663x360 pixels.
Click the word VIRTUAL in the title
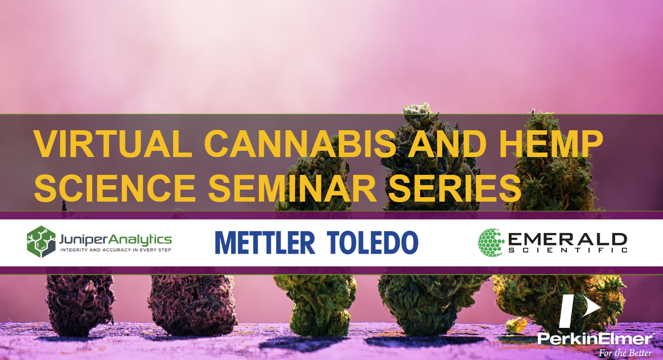pyautogui.click(x=113, y=145)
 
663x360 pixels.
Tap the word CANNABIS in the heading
pyautogui.click(x=301, y=145)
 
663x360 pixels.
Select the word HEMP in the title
pyautogui.click(x=551, y=145)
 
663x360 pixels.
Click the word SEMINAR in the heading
pyautogui.click(x=292, y=188)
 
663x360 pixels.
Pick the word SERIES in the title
pyautogui.click(x=455, y=188)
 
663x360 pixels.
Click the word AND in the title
pyautogui.click(x=448, y=145)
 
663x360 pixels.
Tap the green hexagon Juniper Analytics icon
pyautogui.click(x=41, y=242)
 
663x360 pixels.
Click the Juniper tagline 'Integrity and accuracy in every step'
pyautogui.click(x=116, y=250)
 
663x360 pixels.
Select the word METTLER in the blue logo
pyautogui.click(x=265, y=243)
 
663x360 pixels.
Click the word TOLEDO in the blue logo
pyautogui.click(x=373, y=243)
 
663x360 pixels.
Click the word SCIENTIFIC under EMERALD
pyautogui.click(x=568, y=250)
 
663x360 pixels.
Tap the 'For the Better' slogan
pyautogui.click(x=625, y=353)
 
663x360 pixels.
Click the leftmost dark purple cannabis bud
pyautogui.click(x=80, y=305)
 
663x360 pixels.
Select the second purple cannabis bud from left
pyautogui.click(x=192, y=305)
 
